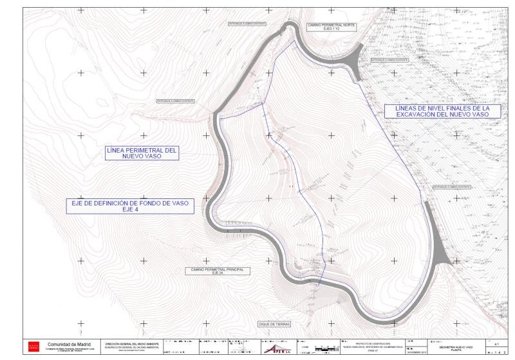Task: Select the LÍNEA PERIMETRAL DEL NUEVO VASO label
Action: (x=141, y=153)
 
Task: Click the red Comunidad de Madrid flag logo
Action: (x=35, y=346)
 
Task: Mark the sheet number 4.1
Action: (x=497, y=345)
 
